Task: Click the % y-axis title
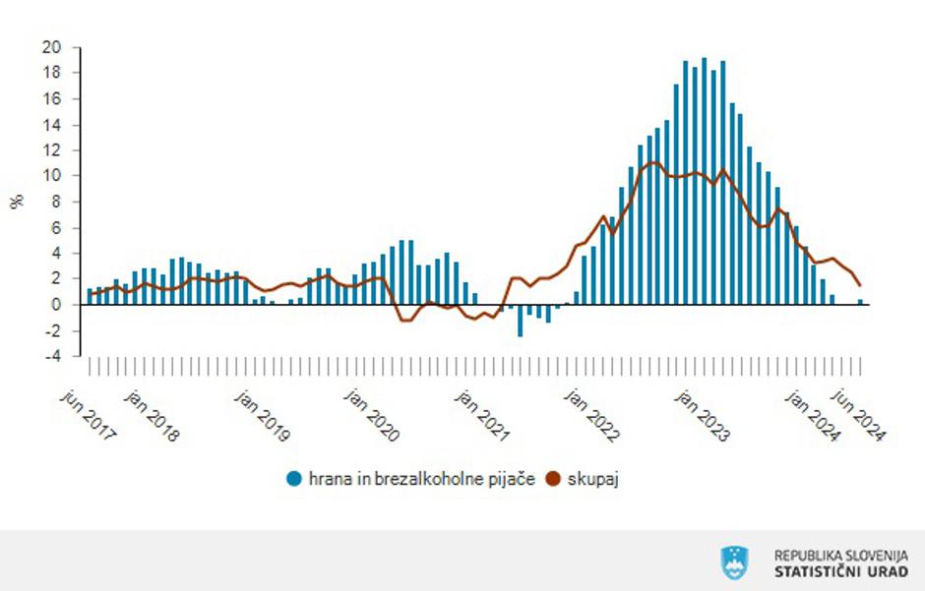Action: pos(17,202)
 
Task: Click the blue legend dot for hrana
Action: pos(293,479)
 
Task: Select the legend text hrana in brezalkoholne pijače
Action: pos(421,479)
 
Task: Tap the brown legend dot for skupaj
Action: pos(552,479)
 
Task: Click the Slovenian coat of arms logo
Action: pos(734,562)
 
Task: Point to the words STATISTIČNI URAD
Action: pos(841,571)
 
